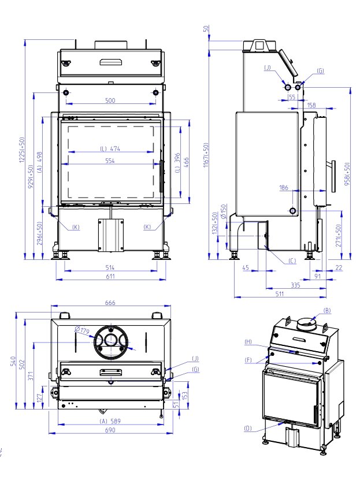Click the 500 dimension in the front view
tap(110, 100)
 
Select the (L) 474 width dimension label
tap(110, 149)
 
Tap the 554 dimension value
tap(110, 161)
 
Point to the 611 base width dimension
tap(110, 276)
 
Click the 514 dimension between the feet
tap(110, 267)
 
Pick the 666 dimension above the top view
tap(110, 303)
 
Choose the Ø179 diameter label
tap(81, 330)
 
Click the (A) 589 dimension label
tap(110, 421)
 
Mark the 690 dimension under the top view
tap(110, 430)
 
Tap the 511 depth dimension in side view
tap(280, 294)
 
